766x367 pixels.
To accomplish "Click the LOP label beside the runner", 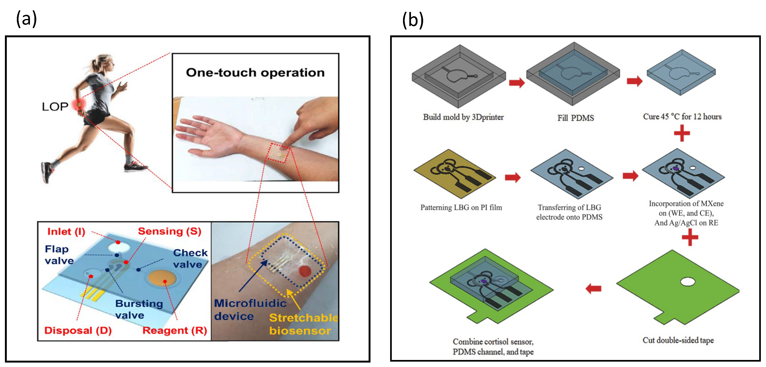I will tap(55, 107).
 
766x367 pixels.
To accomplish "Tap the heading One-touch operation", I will tap(255, 73).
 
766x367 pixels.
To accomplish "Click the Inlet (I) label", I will tap(66, 232).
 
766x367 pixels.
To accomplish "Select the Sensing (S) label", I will tap(169, 231).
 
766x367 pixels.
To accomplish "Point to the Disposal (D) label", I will tap(78, 330).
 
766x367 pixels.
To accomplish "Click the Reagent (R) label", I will tap(175, 330).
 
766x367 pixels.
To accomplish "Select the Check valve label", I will tap(190, 258).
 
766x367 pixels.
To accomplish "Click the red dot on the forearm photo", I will tap(304, 271).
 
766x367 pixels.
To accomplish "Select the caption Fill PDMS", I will tap(575, 118).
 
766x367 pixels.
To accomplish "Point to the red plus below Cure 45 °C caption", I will tap(682, 133).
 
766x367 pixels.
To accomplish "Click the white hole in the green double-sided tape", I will tap(688, 281).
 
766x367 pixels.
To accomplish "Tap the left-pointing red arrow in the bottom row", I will tap(593, 288).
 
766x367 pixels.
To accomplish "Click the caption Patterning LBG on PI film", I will tap(461, 207).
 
